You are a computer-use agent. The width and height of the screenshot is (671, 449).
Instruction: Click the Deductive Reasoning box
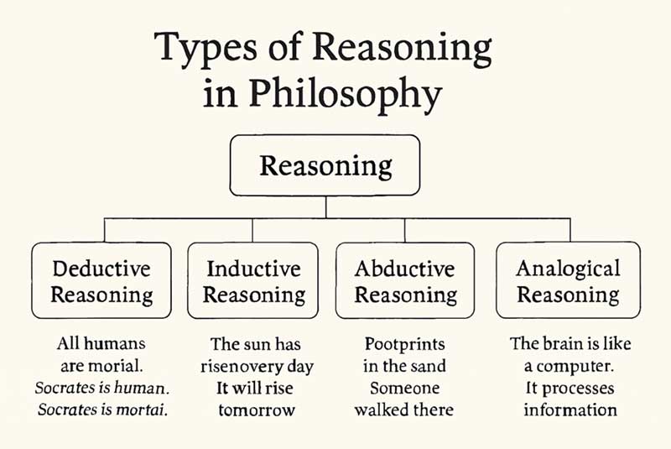coord(101,281)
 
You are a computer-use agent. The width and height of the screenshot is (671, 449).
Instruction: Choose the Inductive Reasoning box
coord(253,281)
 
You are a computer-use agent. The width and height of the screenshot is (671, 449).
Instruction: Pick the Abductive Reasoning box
coord(405,281)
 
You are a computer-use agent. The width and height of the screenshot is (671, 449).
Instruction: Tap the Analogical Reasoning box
coord(568,281)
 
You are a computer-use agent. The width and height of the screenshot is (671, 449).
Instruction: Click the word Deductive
coord(101,269)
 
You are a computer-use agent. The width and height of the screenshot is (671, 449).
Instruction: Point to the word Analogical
coord(568,269)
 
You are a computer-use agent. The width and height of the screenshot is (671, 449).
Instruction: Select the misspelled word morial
coord(127,366)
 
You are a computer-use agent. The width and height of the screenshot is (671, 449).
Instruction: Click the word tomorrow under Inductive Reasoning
coord(253,410)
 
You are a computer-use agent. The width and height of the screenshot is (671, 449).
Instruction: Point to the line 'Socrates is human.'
coord(101,389)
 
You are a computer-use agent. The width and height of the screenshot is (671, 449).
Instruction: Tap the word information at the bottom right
coord(570,410)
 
